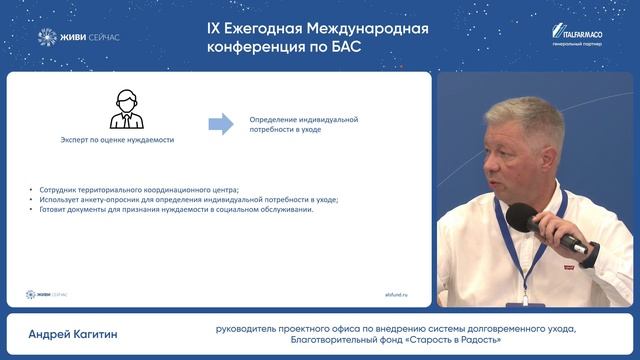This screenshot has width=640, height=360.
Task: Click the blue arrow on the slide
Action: (220, 123)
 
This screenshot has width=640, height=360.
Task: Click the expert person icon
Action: (125, 109)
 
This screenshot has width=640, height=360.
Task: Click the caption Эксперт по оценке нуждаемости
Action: (117, 140)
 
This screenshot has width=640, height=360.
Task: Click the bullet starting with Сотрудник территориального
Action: (138, 189)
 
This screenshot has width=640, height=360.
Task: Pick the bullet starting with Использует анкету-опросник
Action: (187, 199)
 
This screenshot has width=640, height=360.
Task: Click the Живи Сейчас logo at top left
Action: (81, 37)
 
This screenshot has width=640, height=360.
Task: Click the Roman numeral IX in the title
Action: (213, 28)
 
